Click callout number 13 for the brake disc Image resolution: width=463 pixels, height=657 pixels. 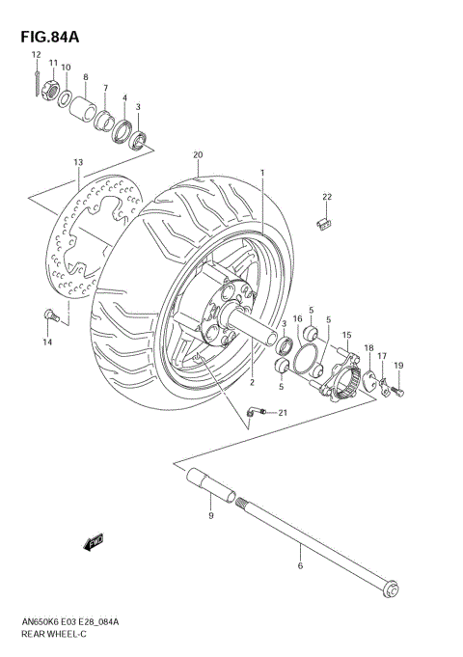tap(78, 163)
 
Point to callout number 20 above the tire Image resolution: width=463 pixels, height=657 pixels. tap(198, 155)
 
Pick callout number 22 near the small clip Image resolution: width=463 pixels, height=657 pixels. tap(326, 197)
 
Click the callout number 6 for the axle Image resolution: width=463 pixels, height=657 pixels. tap(300, 565)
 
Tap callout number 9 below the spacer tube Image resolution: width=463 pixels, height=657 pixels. tap(210, 518)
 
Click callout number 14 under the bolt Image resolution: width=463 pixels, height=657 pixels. tap(45, 342)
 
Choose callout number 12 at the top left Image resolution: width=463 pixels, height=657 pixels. tap(35, 55)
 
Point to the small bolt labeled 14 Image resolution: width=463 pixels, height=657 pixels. tap(48, 315)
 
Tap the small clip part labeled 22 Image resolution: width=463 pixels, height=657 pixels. tap(325, 222)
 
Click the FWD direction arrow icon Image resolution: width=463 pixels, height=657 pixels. tap(95, 545)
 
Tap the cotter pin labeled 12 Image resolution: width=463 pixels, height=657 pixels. tap(35, 85)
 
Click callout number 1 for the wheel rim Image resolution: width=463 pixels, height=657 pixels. tap(260, 174)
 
